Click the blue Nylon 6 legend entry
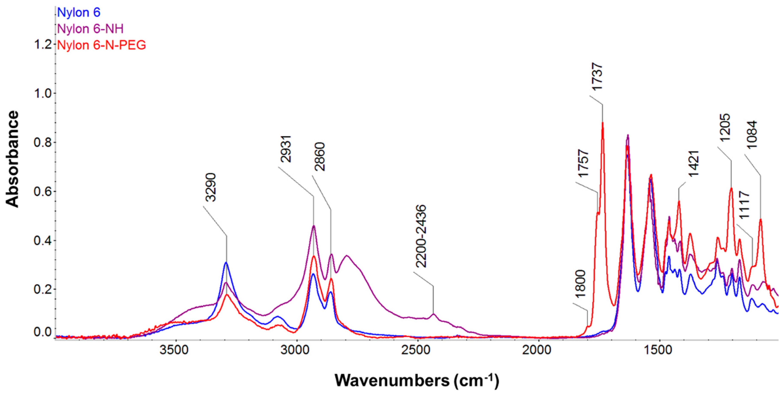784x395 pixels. tap(79, 12)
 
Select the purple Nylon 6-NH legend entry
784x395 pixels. tap(90, 29)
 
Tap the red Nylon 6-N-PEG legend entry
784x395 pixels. tap(102, 45)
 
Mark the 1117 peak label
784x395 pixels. tap(744, 205)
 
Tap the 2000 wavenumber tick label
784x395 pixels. tap(539, 350)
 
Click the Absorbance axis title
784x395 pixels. tap(13, 159)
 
